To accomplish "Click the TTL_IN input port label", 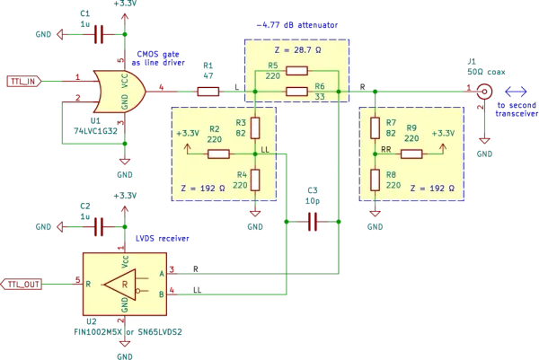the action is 24,82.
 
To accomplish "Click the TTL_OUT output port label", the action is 21,285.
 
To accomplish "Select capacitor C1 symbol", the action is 99,34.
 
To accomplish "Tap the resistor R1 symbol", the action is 208,92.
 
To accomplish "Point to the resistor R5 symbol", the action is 296,71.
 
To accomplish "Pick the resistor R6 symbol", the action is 296,92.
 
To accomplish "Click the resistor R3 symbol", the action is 255,127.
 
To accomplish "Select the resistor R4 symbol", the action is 255,180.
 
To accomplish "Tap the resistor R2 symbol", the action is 218,154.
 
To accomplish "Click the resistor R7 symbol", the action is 375,127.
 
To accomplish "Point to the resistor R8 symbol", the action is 375,180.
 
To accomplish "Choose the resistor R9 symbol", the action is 411,154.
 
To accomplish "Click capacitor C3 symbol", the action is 313,222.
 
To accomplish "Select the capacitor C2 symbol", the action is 99,227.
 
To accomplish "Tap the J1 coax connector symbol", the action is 484,92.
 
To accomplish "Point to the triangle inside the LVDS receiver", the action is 120,285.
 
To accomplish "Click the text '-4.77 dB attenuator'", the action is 297,25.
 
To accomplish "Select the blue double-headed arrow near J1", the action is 516,92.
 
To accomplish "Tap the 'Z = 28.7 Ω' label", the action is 297,50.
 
